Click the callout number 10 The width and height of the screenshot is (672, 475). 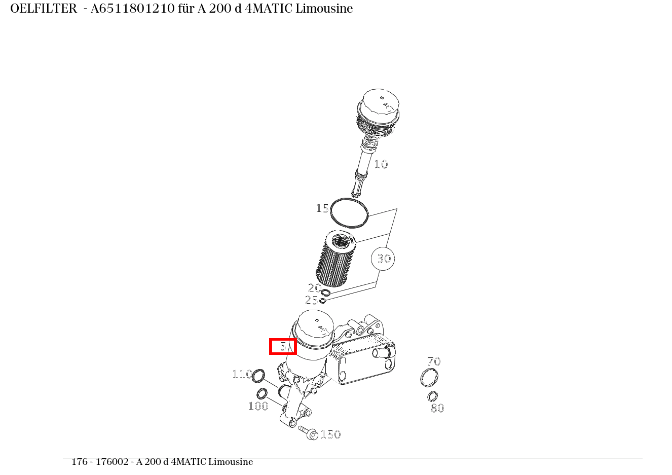(381, 164)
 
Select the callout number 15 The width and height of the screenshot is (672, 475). (322, 208)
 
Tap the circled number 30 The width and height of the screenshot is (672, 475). (383, 259)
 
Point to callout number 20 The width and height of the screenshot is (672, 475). (314, 288)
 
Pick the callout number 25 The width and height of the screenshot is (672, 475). (311, 300)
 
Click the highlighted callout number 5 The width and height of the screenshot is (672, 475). (283, 346)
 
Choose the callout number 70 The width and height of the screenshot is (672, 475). (433, 361)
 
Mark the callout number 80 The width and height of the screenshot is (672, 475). (437, 408)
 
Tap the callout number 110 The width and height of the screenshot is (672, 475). (242, 374)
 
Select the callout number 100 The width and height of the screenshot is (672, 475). (257, 406)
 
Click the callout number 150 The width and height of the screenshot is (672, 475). (330, 434)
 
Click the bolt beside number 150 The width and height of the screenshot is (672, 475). (308, 432)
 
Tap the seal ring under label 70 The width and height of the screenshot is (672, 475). (429, 378)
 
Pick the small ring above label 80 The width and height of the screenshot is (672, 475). (432, 396)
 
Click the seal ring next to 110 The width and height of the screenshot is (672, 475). (258, 376)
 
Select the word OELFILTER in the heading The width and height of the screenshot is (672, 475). (44, 9)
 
